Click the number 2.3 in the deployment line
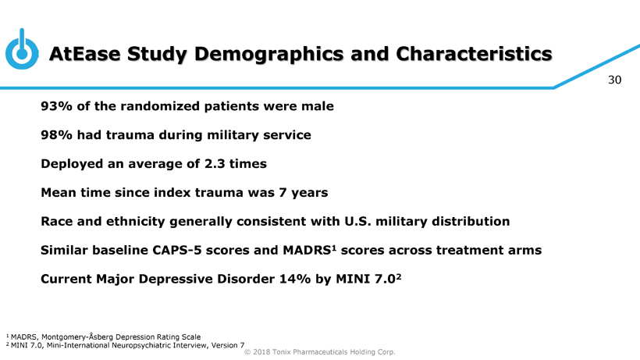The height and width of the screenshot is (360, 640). pos(215,164)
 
